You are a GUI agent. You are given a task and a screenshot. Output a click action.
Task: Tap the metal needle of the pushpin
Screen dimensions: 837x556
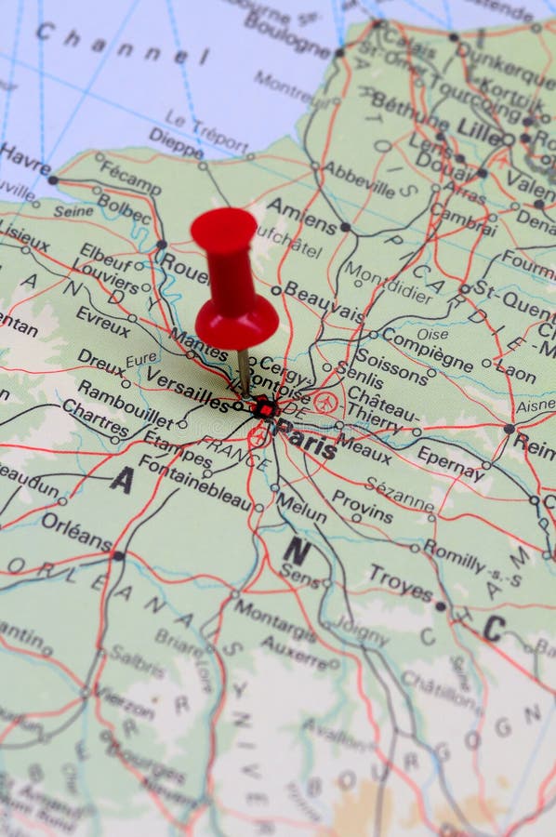[x=243, y=369]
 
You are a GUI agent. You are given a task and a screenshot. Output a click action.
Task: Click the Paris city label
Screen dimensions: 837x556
[x=308, y=444]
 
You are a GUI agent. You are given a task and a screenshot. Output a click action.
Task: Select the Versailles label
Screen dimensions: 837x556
[x=186, y=395]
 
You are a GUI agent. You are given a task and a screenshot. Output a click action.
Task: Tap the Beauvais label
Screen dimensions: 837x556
[x=324, y=303]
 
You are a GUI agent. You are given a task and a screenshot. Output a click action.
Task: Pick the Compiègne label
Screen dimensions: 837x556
[x=428, y=349]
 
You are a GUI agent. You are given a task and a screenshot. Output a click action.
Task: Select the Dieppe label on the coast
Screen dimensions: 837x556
[x=175, y=143]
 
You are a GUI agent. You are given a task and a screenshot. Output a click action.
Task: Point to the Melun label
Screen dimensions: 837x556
[x=301, y=508]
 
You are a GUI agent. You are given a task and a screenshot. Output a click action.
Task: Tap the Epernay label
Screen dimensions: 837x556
[x=451, y=462]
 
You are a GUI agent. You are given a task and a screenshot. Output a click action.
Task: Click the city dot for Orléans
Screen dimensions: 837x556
[x=118, y=555]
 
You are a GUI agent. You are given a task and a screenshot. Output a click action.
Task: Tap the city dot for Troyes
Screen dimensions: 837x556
[x=440, y=605]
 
